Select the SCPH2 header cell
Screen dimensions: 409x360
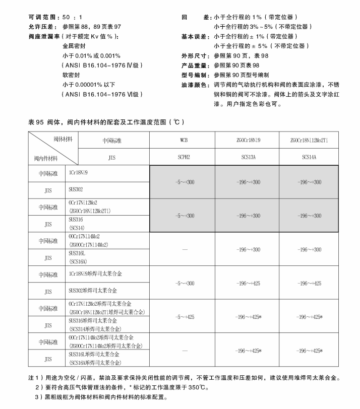click(x=183, y=157)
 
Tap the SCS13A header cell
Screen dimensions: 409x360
click(x=247, y=157)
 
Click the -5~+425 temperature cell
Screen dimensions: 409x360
click(x=183, y=316)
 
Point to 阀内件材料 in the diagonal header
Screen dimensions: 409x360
click(x=46, y=158)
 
